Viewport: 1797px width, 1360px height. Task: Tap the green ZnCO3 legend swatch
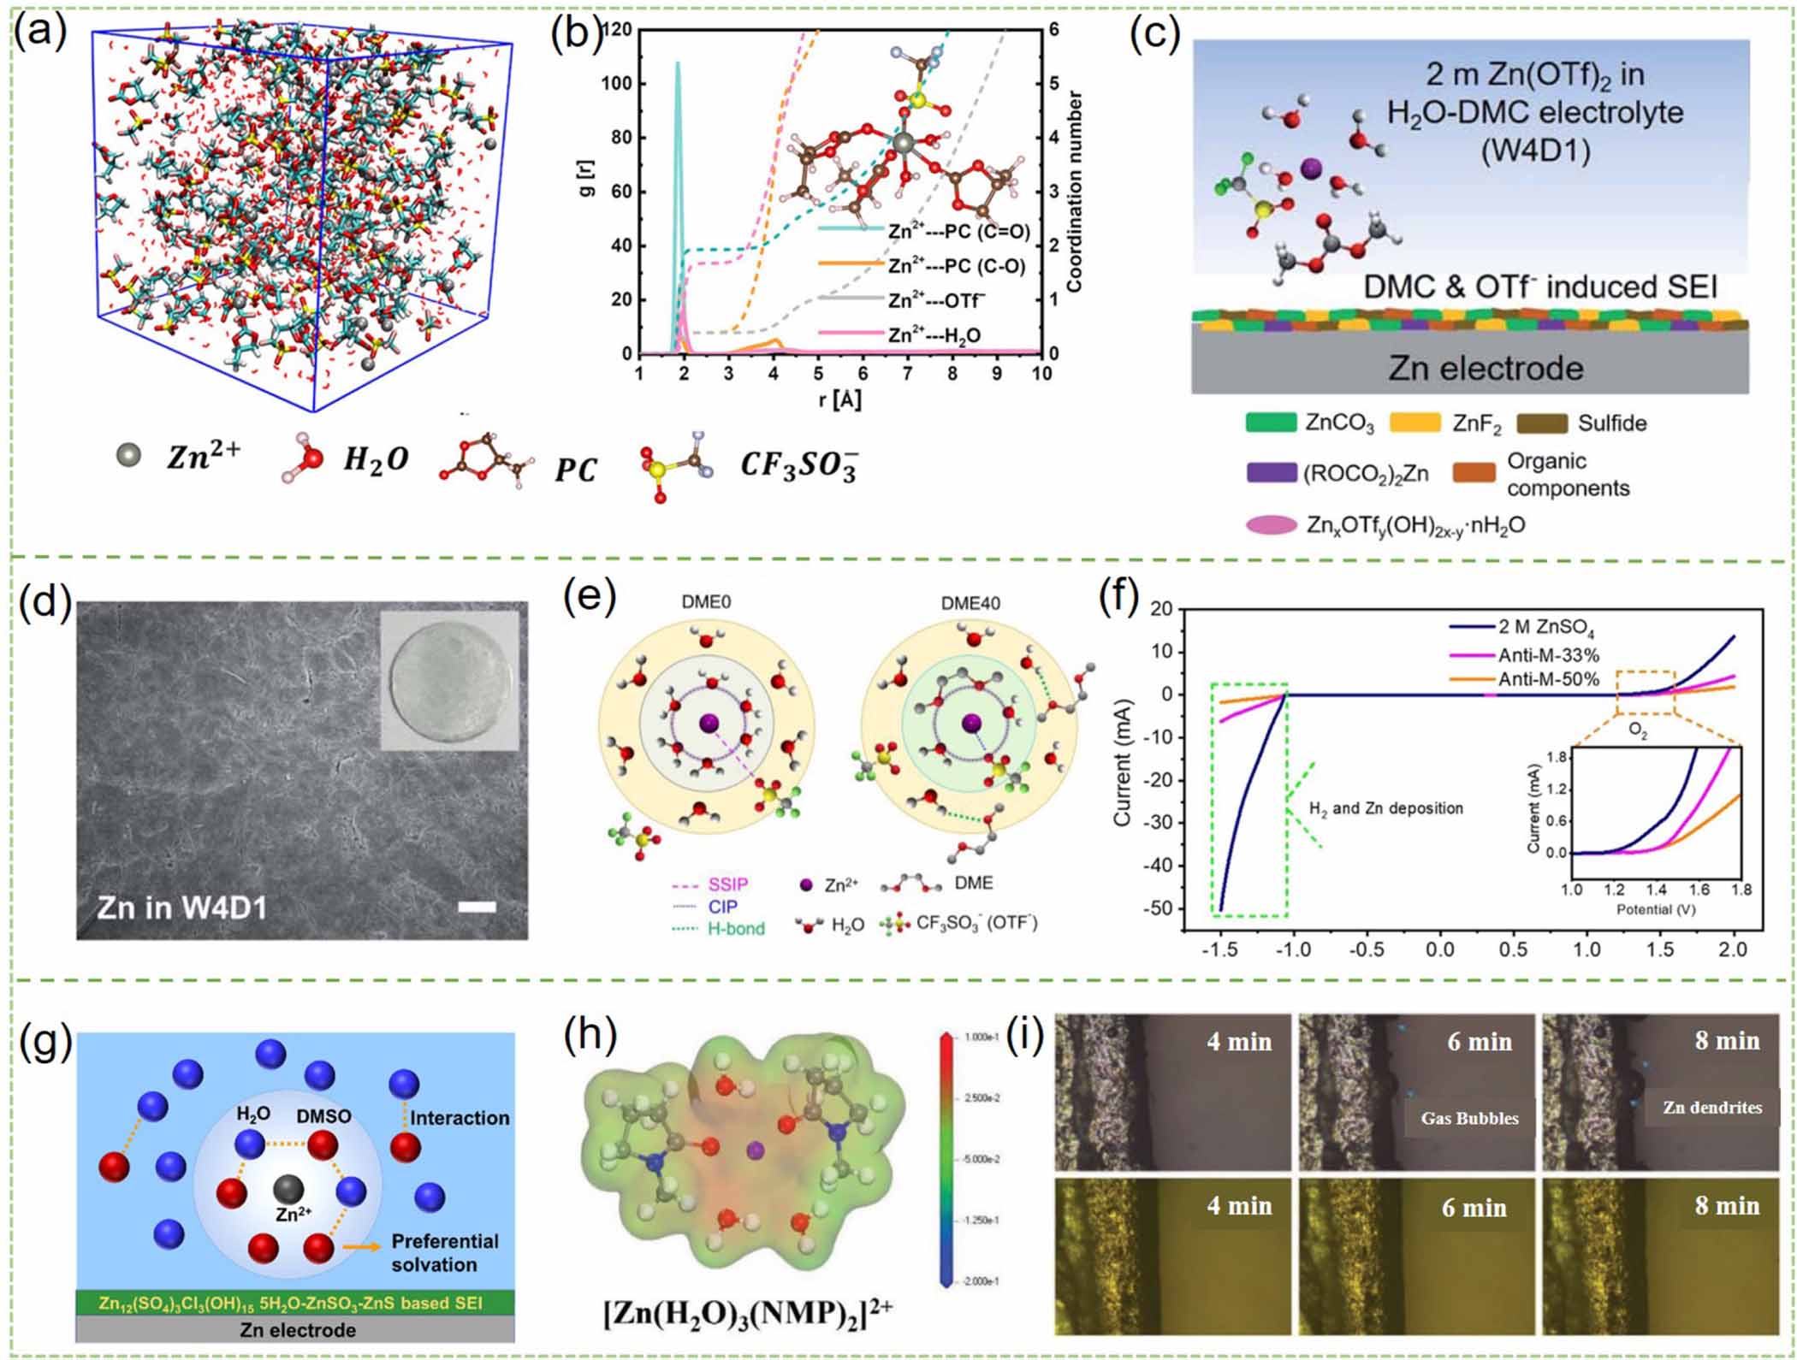1271,423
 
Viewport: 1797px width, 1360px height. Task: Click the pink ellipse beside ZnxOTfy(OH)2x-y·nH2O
1272,524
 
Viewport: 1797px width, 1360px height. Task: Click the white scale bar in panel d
477,907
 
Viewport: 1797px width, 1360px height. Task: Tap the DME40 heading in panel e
970,603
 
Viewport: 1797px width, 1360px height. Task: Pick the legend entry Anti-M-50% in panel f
1548,679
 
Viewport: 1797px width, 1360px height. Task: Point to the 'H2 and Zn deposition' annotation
1385,808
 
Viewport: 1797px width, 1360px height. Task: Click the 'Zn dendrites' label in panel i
1711,1108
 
